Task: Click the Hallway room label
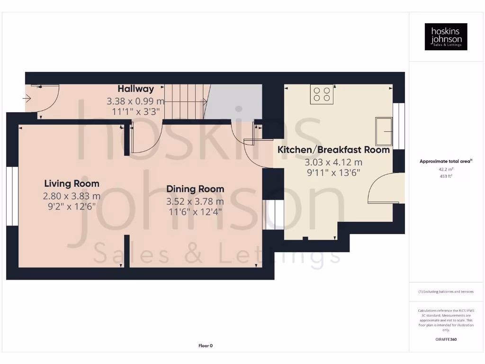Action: pyautogui.click(x=136, y=89)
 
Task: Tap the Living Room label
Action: pyautogui.click(x=72, y=183)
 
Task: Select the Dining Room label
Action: pyautogui.click(x=195, y=189)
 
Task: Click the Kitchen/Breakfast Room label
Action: pyautogui.click(x=333, y=150)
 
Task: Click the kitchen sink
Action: pyautogui.click(x=384, y=131)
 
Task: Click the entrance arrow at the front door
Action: pyautogui.click(x=27, y=99)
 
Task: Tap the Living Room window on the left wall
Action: pyautogui.click(x=9, y=196)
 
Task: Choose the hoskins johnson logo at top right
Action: pyautogui.click(x=446, y=37)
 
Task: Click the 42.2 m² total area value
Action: pyautogui.click(x=446, y=169)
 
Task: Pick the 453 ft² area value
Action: pyautogui.click(x=446, y=176)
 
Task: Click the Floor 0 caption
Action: pyautogui.click(x=206, y=346)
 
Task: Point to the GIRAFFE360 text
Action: pyautogui.click(x=446, y=339)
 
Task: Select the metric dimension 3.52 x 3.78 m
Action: pyautogui.click(x=195, y=201)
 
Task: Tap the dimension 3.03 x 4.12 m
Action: pyautogui.click(x=333, y=162)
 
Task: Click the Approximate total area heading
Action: pyautogui.click(x=445, y=162)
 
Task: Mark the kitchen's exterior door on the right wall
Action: pyautogui.click(x=386, y=189)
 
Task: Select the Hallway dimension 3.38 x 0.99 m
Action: pyautogui.click(x=136, y=101)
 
